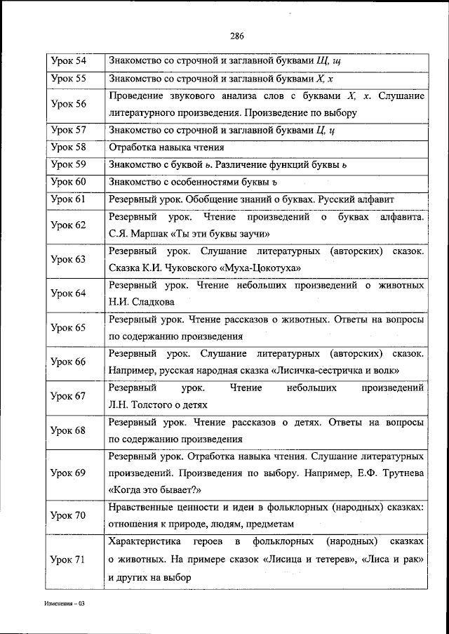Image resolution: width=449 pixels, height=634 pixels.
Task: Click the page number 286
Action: [236, 37]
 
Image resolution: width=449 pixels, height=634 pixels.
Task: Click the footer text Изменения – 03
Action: [64, 604]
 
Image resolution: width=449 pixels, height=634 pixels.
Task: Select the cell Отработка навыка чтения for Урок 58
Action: [166, 147]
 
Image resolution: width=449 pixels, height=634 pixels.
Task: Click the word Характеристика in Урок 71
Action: [145, 542]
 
